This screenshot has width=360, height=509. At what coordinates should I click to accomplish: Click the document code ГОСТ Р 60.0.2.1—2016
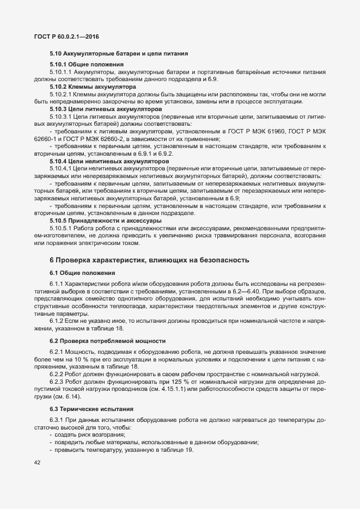[x=66, y=36]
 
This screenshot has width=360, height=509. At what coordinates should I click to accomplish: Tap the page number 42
[x=37, y=463]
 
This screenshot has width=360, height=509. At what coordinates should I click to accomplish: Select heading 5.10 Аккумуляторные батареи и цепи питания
[x=119, y=54]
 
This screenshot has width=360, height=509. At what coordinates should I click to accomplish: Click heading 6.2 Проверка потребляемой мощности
[x=107, y=341]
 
